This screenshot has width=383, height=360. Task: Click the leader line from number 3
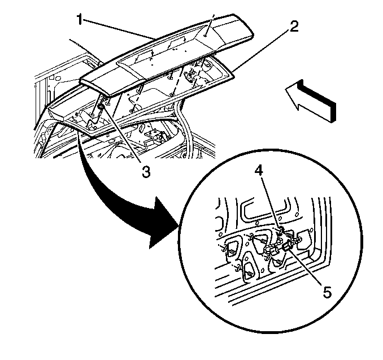click(x=124, y=136)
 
